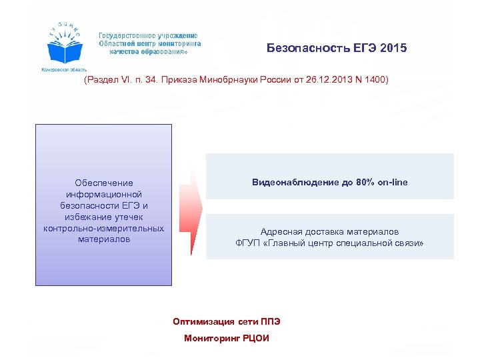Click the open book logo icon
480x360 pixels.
pyautogui.click(x=65, y=49)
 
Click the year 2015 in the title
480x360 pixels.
pyautogui.click(x=393, y=49)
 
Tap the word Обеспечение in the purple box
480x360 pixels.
pyautogui.click(x=104, y=183)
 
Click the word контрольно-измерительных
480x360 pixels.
pyautogui.click(x=103, y=229)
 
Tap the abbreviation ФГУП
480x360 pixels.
pyautogui.click(x=248, y=243)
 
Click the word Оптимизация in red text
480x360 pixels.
pyautogui.click(x=200, y=321)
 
